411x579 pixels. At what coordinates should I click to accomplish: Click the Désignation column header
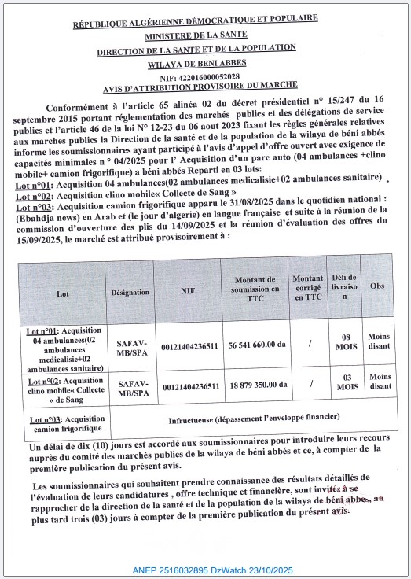[130, 292]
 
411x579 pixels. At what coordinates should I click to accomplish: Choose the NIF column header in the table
[189, 292]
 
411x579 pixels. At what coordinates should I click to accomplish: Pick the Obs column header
[378, 286]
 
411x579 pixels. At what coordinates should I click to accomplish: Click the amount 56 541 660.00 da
[262, 344]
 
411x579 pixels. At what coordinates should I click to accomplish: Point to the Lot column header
[63, 293]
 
